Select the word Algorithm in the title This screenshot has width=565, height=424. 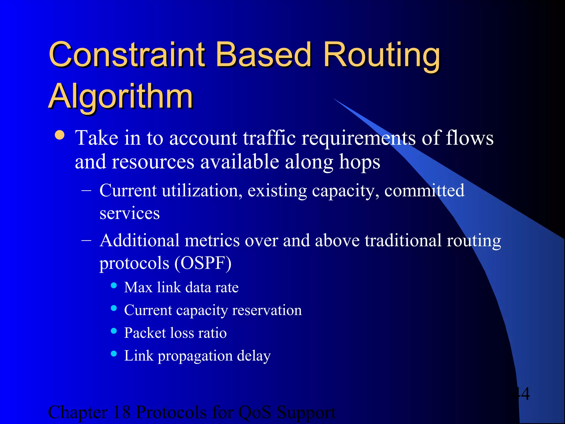[121, 97]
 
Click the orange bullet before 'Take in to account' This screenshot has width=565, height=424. [60, 135]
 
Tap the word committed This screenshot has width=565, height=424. [424, 191]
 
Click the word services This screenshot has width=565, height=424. [129, 213]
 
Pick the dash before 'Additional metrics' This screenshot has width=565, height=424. [86, 240]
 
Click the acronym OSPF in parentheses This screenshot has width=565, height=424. [203, 263]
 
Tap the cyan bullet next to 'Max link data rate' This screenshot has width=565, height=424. [114, 285]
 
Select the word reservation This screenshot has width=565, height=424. [267, 310]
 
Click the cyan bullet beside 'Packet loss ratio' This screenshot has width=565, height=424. [114, 331]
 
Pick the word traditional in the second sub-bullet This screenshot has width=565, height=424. [403, 241]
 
